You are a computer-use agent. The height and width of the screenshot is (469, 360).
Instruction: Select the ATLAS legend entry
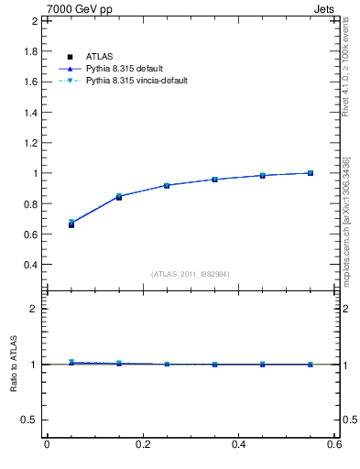pos(99,57)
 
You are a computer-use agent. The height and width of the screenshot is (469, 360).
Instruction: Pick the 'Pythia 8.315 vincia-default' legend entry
pos(145,81)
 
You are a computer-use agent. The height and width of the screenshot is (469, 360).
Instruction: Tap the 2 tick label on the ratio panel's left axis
pos(34,309)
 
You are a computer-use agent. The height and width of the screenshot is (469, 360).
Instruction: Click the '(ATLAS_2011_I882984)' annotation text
pos(191,274)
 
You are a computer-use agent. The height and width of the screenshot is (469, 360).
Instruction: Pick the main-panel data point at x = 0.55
pos(311,173)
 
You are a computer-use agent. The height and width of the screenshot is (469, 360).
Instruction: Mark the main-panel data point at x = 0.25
pos(167,185)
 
